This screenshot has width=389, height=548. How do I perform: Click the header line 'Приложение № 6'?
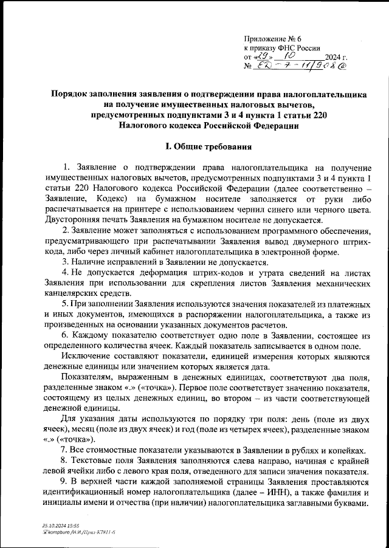point(272,38)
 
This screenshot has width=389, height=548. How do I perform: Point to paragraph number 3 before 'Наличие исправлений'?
point(65,262)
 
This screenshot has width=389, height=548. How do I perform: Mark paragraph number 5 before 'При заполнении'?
point(65,303)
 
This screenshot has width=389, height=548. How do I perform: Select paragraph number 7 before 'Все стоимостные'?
point(65,450)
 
